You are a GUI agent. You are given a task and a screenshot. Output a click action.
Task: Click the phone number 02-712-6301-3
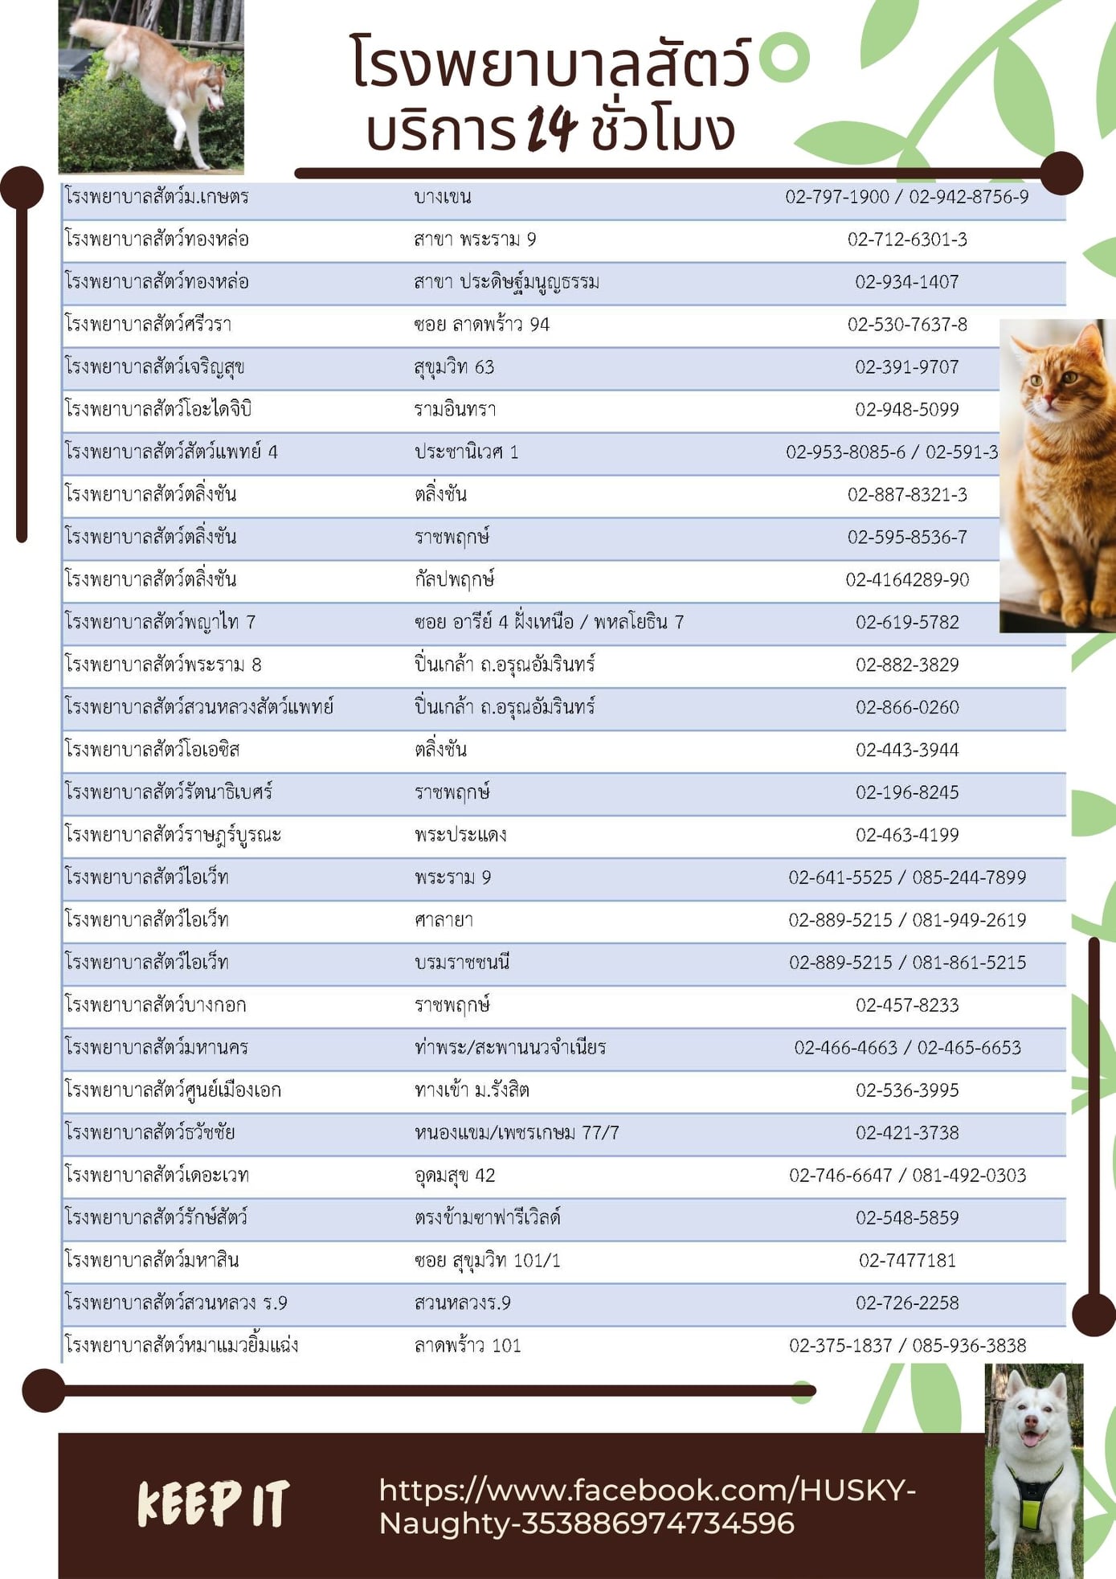click(906, 239)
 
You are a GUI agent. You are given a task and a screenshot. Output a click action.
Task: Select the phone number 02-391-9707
click(906, 367)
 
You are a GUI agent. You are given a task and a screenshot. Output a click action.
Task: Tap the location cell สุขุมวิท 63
click(454, 367)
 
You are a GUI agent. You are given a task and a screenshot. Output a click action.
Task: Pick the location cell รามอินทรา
click(455, 410)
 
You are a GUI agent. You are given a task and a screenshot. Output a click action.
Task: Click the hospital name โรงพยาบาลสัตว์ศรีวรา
click(148, 325)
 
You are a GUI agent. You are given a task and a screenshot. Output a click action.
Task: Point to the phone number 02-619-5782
click(906, 622)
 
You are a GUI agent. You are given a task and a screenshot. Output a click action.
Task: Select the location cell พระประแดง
click(460, 835)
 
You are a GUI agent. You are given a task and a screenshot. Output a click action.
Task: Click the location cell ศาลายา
click(444, 920)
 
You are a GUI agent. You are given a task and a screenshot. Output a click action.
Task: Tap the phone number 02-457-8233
click(906, 1005)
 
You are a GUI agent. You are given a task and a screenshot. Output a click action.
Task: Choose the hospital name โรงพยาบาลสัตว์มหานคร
click(157, 1048)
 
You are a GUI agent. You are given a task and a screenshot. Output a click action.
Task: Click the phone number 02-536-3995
click(906, 1090)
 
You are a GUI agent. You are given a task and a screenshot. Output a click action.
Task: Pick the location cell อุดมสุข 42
click(455, 1176)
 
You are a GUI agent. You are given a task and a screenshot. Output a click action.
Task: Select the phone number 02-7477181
click(906, 1261)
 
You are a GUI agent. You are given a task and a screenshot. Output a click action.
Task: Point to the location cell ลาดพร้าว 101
click(468, 1346)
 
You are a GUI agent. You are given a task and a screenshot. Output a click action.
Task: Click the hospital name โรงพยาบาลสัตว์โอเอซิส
click(152, 750)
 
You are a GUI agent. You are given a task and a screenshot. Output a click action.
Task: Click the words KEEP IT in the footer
click(213, 1503)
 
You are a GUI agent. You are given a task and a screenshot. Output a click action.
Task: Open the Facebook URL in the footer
click(647, 1507)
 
